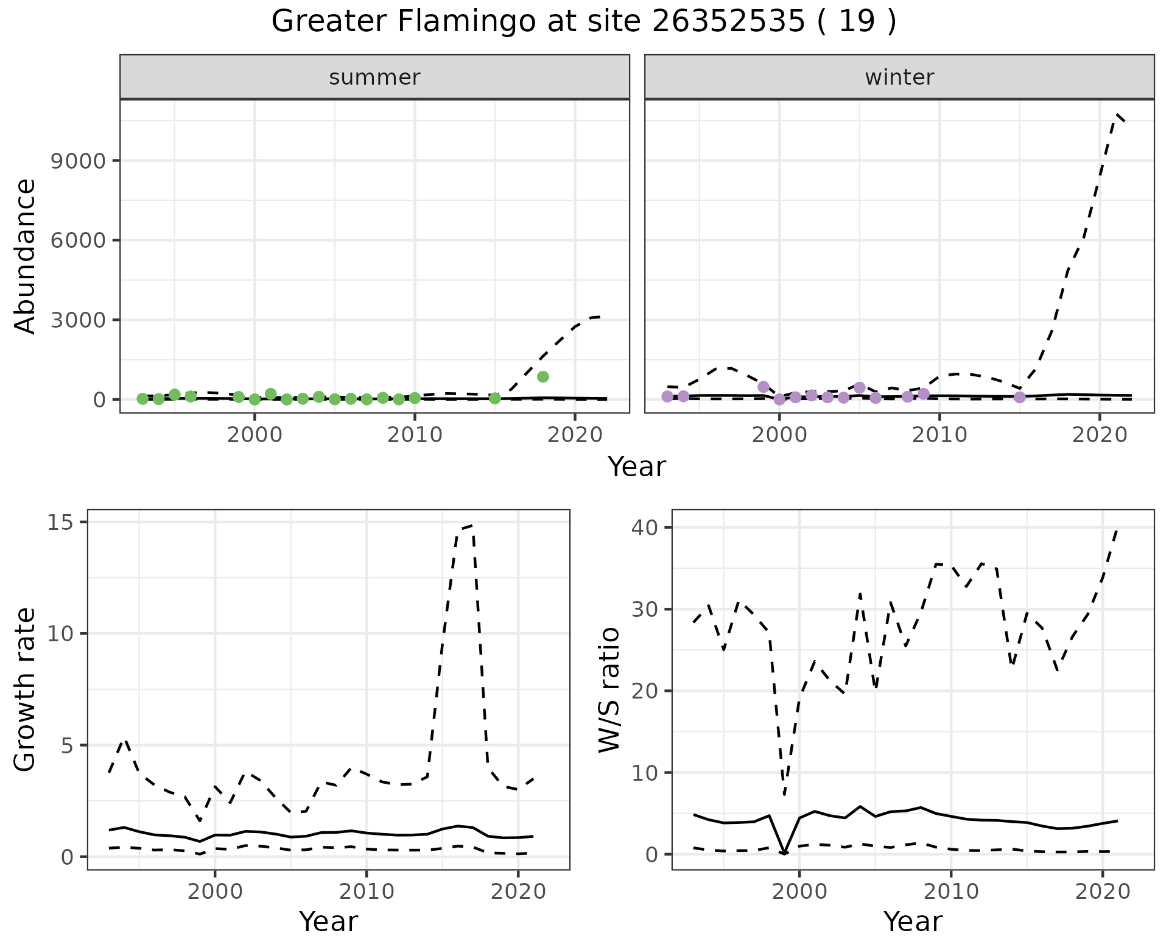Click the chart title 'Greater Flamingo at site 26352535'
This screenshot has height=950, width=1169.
pyautogui.click(x=583, y=22)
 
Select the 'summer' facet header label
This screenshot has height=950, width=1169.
pyautogui.click(x=374, y=77)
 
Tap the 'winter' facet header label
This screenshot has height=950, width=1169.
pyautogui.click(x=899, y=77)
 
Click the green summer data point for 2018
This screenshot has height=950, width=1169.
pyautogui.click(x=543, y=377)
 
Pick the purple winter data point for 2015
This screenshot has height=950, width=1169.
pyautogui.click(x=1020, y=398)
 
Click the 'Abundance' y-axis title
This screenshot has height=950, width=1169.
pyautogui.click(x=26, y=256)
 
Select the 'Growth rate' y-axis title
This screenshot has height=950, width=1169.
pyautogui.click(x=26, y=689)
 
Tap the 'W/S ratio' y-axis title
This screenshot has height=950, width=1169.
pyautogui.click(x=609, y=689)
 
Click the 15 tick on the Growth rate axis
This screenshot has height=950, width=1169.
pyautogui.click(x=60, y=522)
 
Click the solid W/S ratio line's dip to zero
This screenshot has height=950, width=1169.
pyautogui.click(x=784, y=853)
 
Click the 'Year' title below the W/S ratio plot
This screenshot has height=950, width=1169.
pyautogui.click(x=913, y=921)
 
